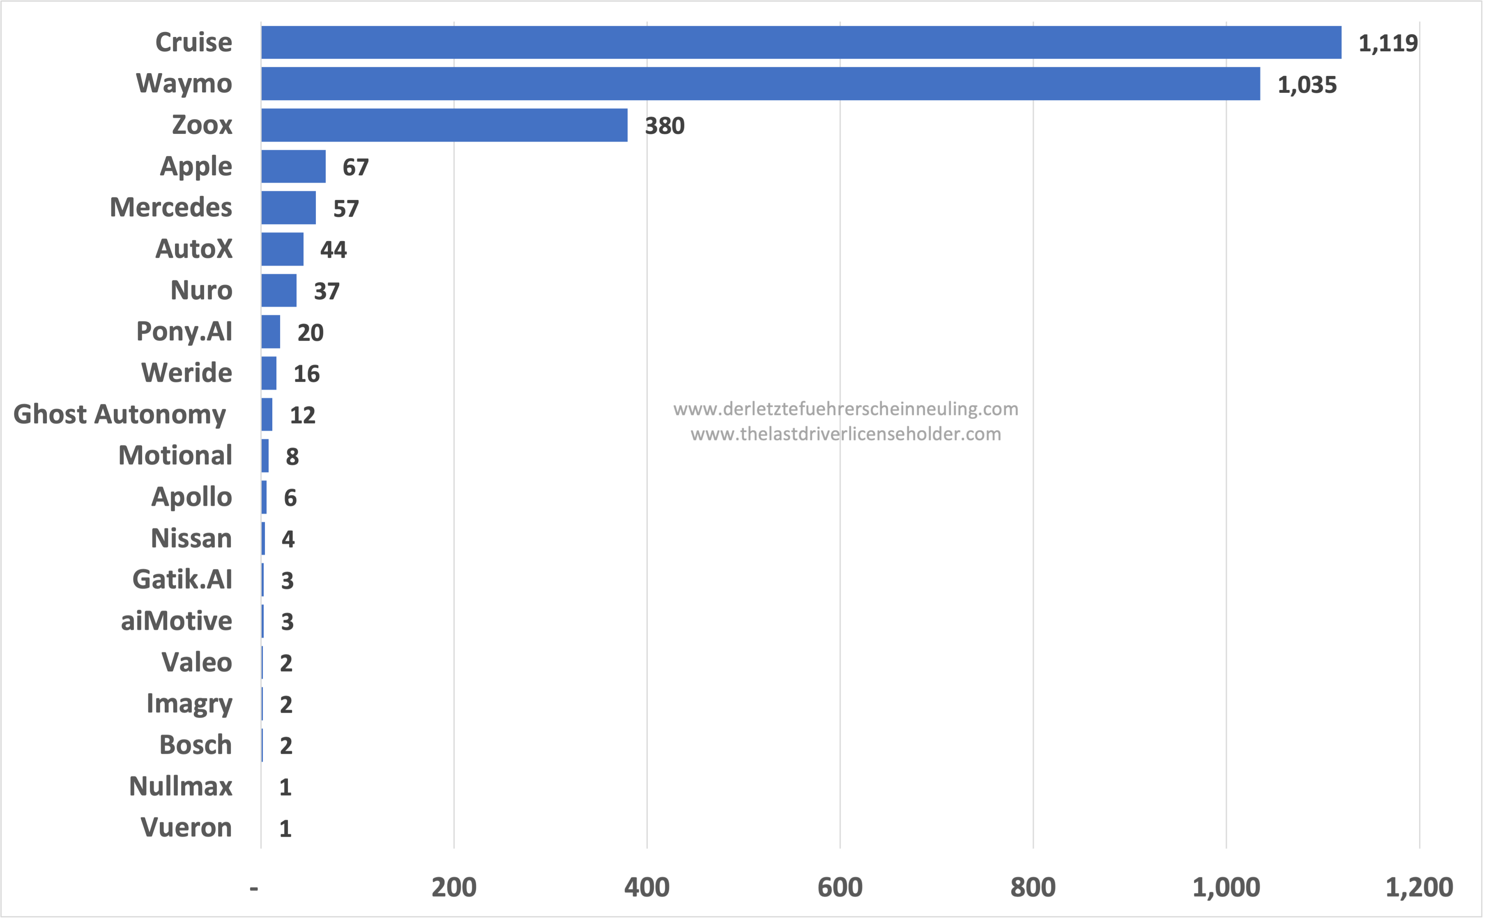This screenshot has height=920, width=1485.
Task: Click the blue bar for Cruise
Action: tap(801, 43)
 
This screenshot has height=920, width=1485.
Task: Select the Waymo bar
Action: tap(761, 84)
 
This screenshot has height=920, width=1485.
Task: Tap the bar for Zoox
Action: tap(444, 125)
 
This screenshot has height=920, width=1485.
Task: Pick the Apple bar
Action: tap(293, 166)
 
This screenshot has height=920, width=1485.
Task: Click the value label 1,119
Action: tap(1388, 43)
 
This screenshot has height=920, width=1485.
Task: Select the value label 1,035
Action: tap(1307, 85)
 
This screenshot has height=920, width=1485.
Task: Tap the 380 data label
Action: tap(664, 126)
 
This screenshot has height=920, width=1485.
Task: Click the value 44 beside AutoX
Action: tap(333, 250)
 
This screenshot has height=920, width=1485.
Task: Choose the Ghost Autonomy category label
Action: tap(120, 414)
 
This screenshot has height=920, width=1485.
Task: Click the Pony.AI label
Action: tap(184, 332)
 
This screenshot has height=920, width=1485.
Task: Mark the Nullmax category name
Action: tap(181, 786)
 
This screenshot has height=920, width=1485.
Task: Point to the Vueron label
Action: tap(186, 828)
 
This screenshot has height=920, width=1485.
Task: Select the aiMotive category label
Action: tap(177, 621)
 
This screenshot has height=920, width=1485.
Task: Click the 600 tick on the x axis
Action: tap(840, 888)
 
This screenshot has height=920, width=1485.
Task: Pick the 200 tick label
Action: tap(454, 888)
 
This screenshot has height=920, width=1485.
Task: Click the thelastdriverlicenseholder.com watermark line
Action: tap(845, 434)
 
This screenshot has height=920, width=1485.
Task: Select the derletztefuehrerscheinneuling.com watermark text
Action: tap(845, 409)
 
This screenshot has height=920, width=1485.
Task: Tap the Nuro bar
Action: tap(279, 290)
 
